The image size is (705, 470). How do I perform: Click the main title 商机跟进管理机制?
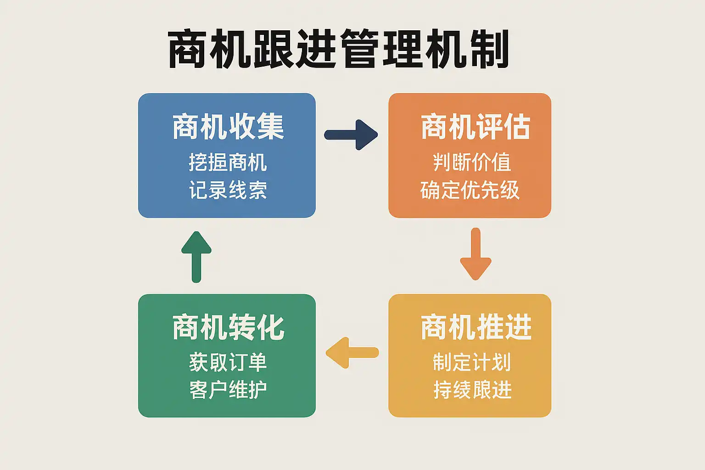click(x=339, y=50)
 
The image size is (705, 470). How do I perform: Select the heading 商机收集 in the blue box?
click(x=228, y=127)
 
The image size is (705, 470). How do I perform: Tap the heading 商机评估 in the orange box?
click(x=476, y=127)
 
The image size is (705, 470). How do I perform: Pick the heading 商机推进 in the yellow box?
click(x=476, y=327)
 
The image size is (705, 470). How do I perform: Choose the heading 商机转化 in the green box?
click(x=228, y=327)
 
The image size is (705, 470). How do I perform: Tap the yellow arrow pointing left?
click(x=352, y=352)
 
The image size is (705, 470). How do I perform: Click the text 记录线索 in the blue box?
click(x=228, y=190)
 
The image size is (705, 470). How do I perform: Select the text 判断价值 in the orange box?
click(x=472, y=162)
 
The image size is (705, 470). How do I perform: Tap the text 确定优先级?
click(x=470, y=190)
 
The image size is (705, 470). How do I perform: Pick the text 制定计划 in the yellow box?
click(x=472, y=362)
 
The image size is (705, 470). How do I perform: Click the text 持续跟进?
click(x=472, y=390)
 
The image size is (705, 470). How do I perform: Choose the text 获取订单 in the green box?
click(x=228, y=362)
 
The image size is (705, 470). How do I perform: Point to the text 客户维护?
click(x=228, y=390)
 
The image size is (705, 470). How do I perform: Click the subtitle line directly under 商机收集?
click(x=228, y=162)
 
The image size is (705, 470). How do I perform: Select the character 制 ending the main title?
click(x=489, y=50)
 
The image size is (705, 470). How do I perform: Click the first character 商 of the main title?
click(x=188, y=50)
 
